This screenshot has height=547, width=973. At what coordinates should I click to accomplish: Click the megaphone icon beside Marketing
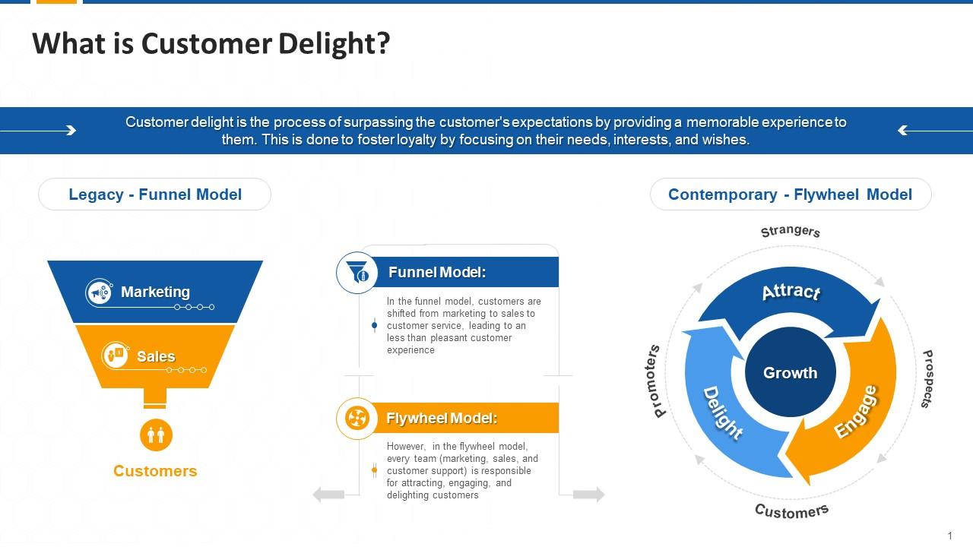pos(100,293)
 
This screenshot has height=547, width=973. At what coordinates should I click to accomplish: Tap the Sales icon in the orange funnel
pos(116,356)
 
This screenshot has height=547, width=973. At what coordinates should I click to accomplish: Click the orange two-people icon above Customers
pos(156,435)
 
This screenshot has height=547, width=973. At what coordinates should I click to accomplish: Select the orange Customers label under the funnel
pos(155,471)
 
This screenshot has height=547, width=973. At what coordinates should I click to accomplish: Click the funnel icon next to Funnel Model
pos(357,273)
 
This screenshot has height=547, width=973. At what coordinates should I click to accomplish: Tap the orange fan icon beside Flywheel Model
pos(357,419)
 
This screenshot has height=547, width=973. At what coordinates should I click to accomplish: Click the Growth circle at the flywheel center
pos(790,372)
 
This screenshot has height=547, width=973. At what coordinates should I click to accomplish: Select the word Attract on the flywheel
pos(791,292)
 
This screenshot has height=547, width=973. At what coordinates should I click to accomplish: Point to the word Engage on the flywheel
pos(856,412)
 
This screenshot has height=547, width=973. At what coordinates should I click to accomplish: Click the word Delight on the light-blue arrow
pos(723,413)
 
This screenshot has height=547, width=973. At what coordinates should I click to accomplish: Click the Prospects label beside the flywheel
pos(927,379)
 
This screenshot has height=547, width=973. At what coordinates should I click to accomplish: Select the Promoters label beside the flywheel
pos(655,381)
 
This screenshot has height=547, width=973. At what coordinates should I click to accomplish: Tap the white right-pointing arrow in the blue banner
pos(38,130)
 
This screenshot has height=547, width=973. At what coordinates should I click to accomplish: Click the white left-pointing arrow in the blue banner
pos(935,130)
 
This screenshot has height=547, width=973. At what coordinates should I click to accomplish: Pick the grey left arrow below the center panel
pos(329,495)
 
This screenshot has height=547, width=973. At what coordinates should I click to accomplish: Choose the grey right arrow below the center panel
pos(589,494)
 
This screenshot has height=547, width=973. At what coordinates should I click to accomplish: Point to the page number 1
pos(950,536)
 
